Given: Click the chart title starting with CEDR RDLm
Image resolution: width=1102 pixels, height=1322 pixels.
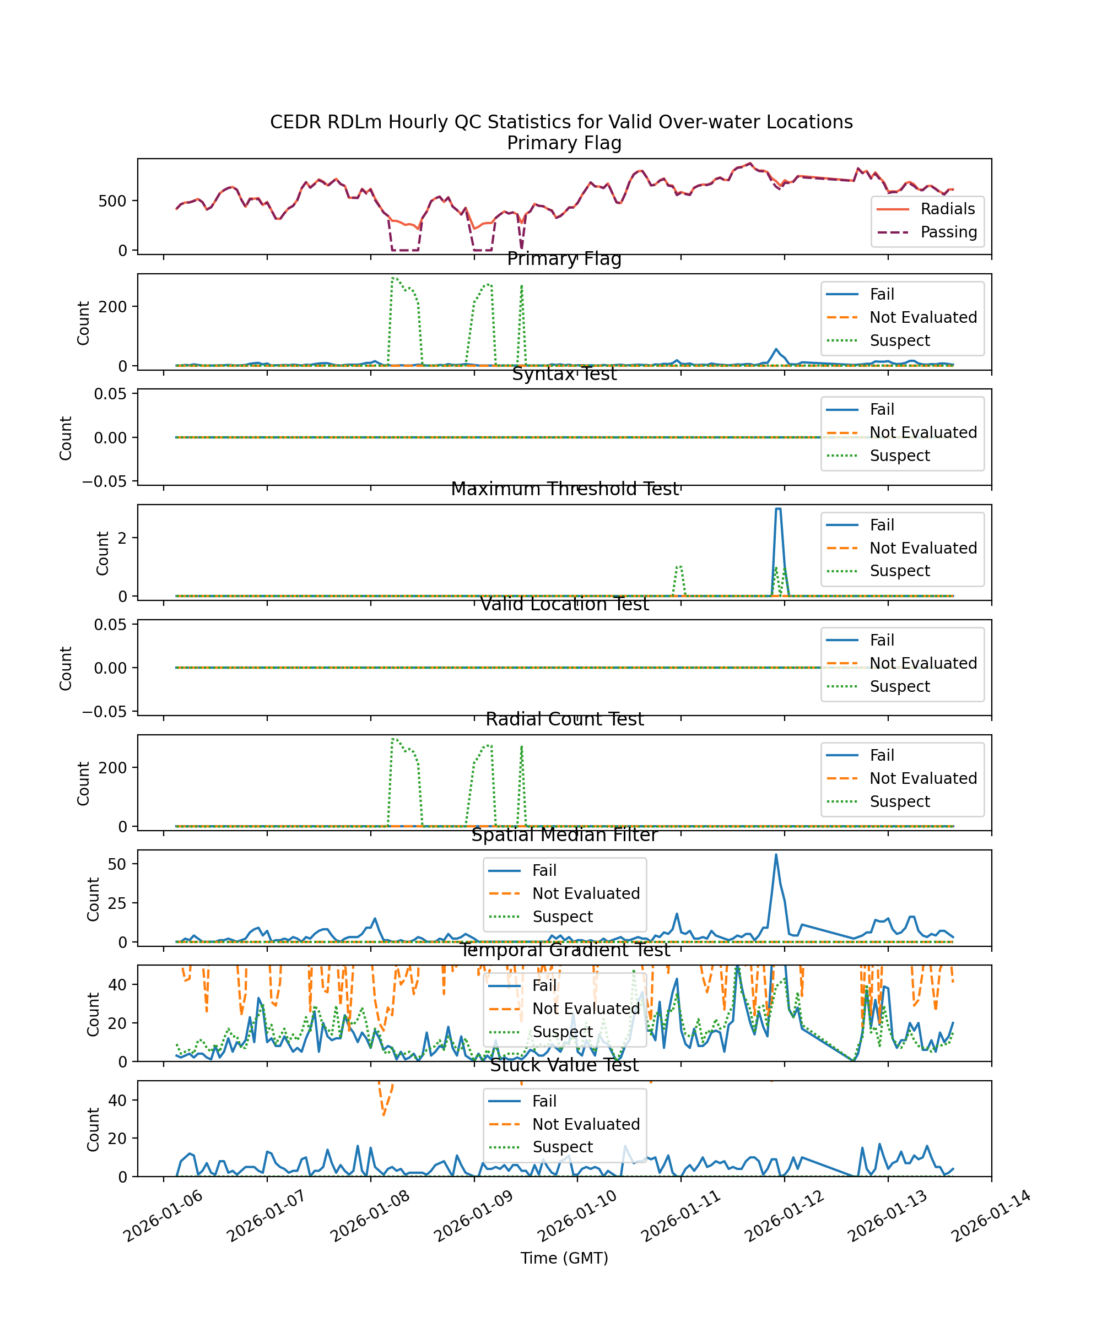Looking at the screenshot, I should [561, 122].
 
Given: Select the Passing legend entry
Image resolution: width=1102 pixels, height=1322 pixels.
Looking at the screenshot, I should [948, 232].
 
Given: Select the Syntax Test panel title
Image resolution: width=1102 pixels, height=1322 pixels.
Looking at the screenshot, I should [564, 374].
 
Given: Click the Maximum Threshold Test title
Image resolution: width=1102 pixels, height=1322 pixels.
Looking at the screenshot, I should [564, 489].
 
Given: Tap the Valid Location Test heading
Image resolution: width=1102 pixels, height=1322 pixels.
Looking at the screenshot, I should [564, 604].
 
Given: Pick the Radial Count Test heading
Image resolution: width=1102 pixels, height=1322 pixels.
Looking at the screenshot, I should [564, 719].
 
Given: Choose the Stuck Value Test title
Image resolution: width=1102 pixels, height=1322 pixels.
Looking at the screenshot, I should [564, 1065].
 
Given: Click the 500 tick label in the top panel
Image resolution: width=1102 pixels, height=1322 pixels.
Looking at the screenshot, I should [112, 202].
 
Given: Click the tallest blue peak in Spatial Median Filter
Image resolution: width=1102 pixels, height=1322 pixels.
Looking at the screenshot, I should [776, 855].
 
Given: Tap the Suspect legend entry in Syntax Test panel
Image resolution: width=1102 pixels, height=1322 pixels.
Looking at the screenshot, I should [899, 456].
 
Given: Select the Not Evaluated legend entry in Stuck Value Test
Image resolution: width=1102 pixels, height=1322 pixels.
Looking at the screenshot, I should [586, 1124].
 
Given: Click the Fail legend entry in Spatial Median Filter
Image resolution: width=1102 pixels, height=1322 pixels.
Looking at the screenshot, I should [544, 871].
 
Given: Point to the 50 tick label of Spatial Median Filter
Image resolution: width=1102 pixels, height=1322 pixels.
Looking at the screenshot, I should [117, 864].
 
